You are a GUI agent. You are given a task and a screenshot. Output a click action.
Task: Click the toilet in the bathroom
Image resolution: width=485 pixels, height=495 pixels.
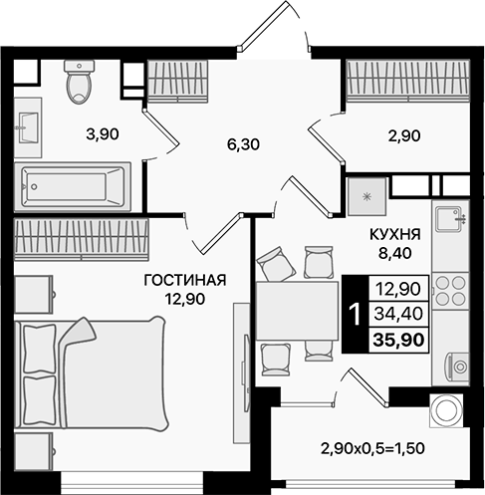pyautogui.click(x=77, y=83)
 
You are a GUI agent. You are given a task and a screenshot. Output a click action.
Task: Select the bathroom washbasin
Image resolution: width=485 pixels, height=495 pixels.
pyautogui.click(x=27, y=126)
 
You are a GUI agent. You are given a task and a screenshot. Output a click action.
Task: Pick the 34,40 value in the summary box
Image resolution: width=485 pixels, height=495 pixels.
pyautogui.click(x=396, y=314)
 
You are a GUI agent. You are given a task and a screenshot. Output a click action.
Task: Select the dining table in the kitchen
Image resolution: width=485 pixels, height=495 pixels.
pyautogui.click(x=297, y=311)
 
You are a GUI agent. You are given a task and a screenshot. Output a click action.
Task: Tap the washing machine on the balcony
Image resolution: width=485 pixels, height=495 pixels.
pyautogui.click(x=444, y=409)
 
